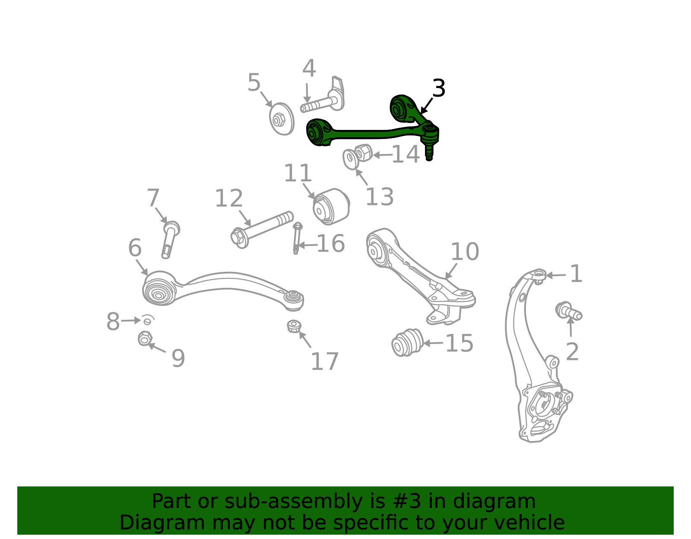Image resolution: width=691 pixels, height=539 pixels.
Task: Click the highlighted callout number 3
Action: point(438,88)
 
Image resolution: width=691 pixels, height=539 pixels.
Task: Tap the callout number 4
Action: point(309,68)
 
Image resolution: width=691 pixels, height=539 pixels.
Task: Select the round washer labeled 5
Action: point(282,119)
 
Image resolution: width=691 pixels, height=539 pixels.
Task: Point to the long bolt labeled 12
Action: point(262,230)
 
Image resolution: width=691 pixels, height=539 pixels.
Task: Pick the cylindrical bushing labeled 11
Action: point(331,207)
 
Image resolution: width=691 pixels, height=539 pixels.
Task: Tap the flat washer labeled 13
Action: point(351,159)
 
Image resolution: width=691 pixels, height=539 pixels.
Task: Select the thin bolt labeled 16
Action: point(297,238)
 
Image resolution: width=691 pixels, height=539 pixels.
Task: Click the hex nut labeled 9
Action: point(145,339)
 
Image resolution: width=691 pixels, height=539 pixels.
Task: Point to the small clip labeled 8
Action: point(148,320)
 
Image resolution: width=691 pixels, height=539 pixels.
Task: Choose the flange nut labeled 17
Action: point(294,326)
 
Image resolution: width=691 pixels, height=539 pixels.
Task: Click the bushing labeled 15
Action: point(407,342)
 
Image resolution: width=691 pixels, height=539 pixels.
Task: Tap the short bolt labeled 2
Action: point(569,312)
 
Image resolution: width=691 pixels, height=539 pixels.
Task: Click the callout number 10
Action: point(465,252)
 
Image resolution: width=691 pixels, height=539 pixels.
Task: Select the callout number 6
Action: point(134,248)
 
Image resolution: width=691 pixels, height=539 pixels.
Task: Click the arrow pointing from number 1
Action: point(556,275)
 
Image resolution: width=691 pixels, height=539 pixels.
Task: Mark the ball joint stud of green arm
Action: point(429,151)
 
